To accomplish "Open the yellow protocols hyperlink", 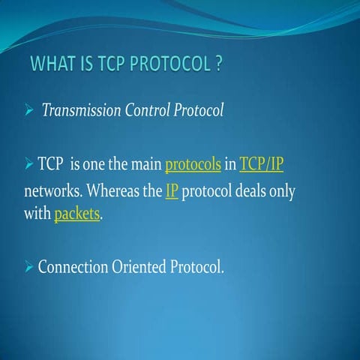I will point(193,163).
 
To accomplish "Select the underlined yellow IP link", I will point(171,190).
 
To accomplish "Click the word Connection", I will point(76,266).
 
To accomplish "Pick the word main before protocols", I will point(145,163).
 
